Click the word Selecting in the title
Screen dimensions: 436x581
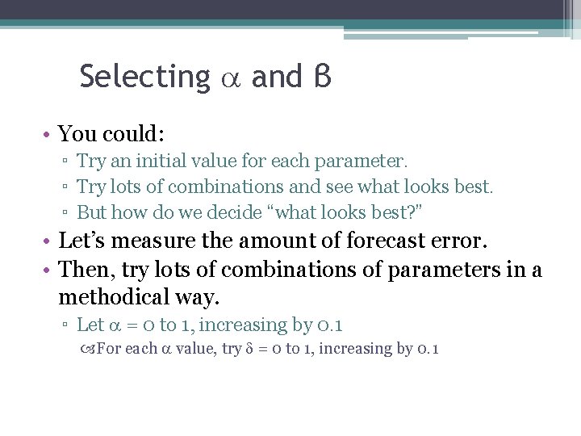[144, 77]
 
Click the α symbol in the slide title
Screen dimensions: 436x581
[231, 78]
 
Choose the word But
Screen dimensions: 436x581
[91, 213]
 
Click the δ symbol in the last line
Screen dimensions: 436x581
[249, 350]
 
